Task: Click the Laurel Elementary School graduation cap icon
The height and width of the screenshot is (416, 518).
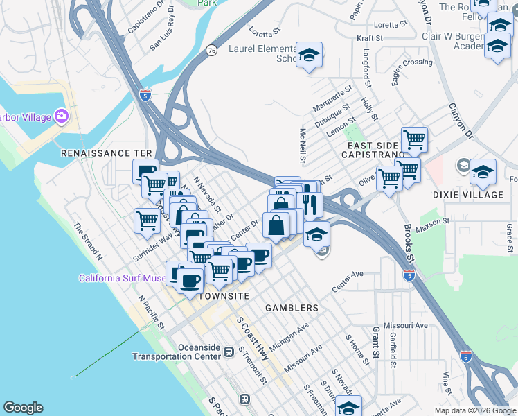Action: [x=309, y=55]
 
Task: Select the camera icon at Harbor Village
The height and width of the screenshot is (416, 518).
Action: [x=61, y=115]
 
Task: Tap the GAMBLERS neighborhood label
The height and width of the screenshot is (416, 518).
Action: [x=292, y=307]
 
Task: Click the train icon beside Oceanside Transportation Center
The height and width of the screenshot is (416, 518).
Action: [x=228, y=352]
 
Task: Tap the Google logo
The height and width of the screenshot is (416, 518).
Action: [x=23, y=408]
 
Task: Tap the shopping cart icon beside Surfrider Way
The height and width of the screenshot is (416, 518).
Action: [x=147, y=221]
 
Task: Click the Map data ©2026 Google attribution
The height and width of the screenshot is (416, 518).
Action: [x=474, y=410]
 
